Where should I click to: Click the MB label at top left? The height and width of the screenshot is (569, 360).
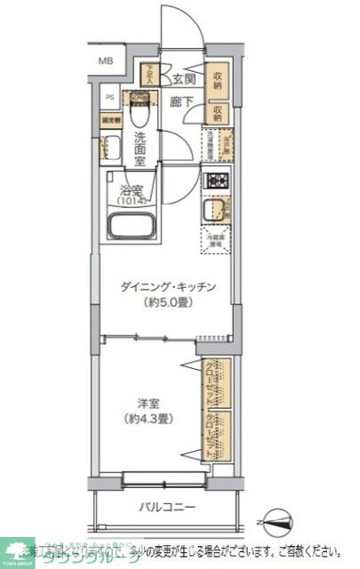tap(106, 61)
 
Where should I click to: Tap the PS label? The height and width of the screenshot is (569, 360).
tap(111, 98)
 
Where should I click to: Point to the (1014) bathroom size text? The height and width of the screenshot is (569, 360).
tap(132, 201)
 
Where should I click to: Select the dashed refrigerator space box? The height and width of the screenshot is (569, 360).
tap(216, 239)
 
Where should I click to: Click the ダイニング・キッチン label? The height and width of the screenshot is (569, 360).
tap(168, 286)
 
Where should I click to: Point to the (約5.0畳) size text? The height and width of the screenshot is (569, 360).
tap(168, 302)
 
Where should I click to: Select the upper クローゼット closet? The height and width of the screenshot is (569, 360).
tap(216, 383)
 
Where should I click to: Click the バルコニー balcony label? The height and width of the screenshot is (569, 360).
tap(164, 509)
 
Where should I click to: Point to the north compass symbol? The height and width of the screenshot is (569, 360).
tap(276, 520)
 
